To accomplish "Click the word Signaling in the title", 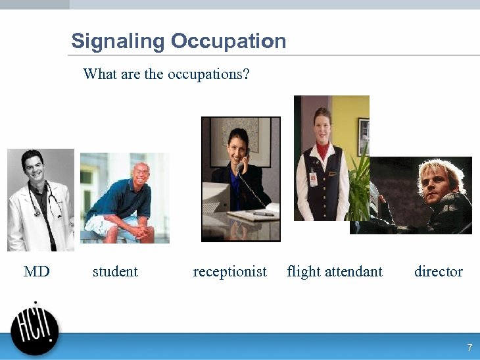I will tap(118, 41).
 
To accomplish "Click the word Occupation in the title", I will tap(228, 41).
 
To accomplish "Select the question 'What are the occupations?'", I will tap(166, 74).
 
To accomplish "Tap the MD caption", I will tap(36, 271).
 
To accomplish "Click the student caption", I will tap(115, 271).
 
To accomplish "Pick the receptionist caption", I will tap(229, 271).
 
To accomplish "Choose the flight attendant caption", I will tap(335, 271).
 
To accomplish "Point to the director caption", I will tap(438, 271).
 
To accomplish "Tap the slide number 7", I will tap(469, 347).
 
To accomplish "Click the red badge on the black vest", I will tap(313, 178).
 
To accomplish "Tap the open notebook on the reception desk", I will tap(253, 213).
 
